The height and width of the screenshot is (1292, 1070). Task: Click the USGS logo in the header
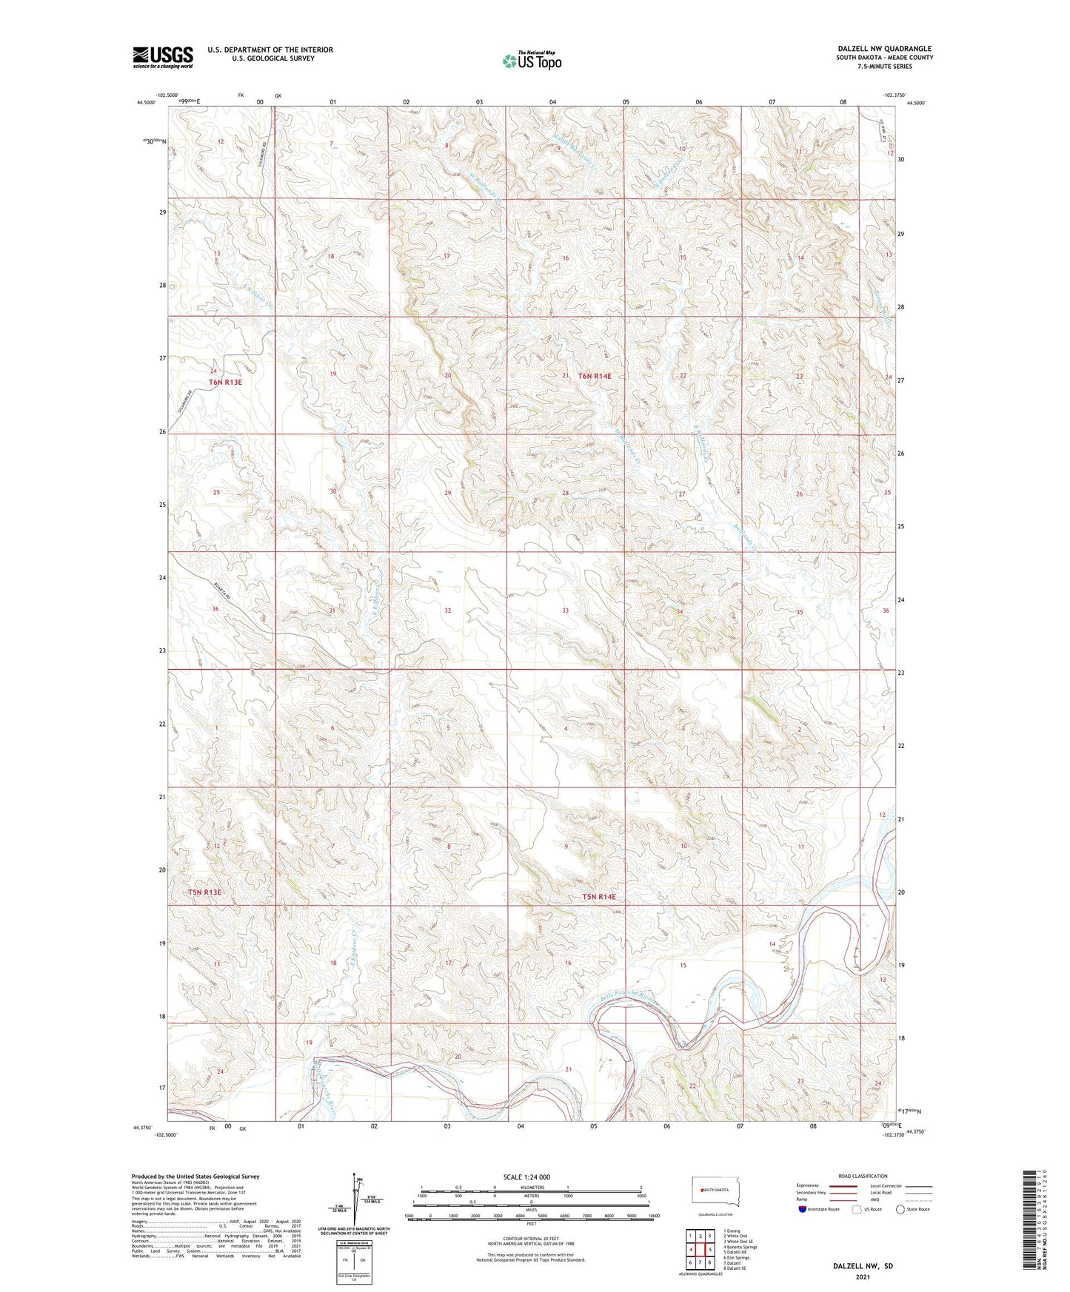click(x=163, y=57)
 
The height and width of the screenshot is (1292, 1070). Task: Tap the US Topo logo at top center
click(x=531, y=61)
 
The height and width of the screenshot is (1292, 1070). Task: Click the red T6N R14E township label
click(x=595, y=376)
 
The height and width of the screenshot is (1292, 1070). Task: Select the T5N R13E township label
click(x=204, y=892)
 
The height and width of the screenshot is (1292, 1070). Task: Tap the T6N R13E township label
click(x=225, y=383)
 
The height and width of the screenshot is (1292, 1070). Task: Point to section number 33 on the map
click(x=565, y=610)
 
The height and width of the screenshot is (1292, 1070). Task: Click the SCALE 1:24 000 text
click(x=526, y=1177)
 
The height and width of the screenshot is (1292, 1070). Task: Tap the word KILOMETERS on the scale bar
click(x=529, y=1188)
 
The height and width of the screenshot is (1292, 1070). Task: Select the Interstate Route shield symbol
click(x=803, y=1209)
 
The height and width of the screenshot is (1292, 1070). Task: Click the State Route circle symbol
click(x=900, y=1209)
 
